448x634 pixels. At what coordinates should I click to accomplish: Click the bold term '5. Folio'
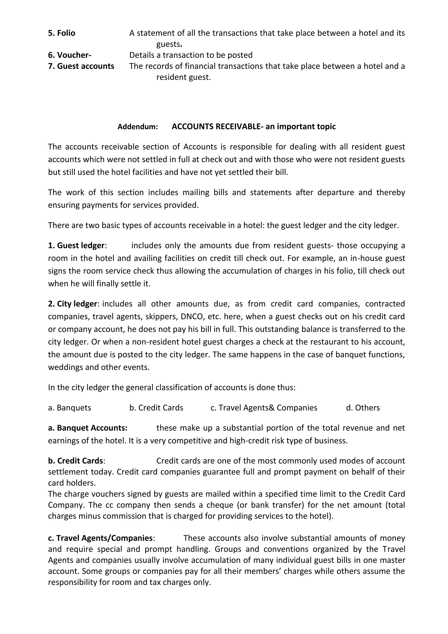[x=61, y=33]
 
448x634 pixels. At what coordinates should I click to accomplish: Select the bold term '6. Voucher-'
[x=70, y=55]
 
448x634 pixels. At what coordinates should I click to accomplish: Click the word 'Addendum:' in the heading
[x=138, y=127]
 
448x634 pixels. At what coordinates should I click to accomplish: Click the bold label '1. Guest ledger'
[x=76, y=245]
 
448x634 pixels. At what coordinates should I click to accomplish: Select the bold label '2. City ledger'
[x=72, y=304]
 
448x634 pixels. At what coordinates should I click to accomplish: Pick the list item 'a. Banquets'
[x=70, y=408]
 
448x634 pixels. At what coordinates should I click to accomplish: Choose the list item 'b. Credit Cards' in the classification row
[x=156, y=408]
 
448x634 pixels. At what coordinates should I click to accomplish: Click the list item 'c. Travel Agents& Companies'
[x=264, y=408]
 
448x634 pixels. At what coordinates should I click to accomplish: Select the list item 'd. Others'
[x=363, y=408]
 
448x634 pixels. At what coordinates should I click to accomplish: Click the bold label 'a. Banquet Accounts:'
[x=88, y=428]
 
